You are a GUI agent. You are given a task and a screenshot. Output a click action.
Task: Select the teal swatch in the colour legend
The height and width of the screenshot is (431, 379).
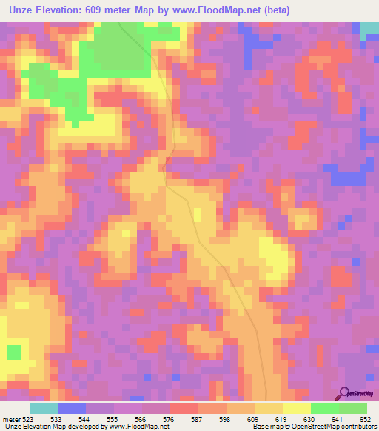(44, 408)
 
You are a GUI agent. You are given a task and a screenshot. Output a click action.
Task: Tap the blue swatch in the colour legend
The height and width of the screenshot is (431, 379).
(72, 408)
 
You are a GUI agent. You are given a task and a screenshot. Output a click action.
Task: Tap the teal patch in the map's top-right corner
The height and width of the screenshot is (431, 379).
(369, 30)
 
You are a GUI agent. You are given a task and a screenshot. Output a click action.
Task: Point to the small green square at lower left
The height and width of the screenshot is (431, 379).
(14, 351)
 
